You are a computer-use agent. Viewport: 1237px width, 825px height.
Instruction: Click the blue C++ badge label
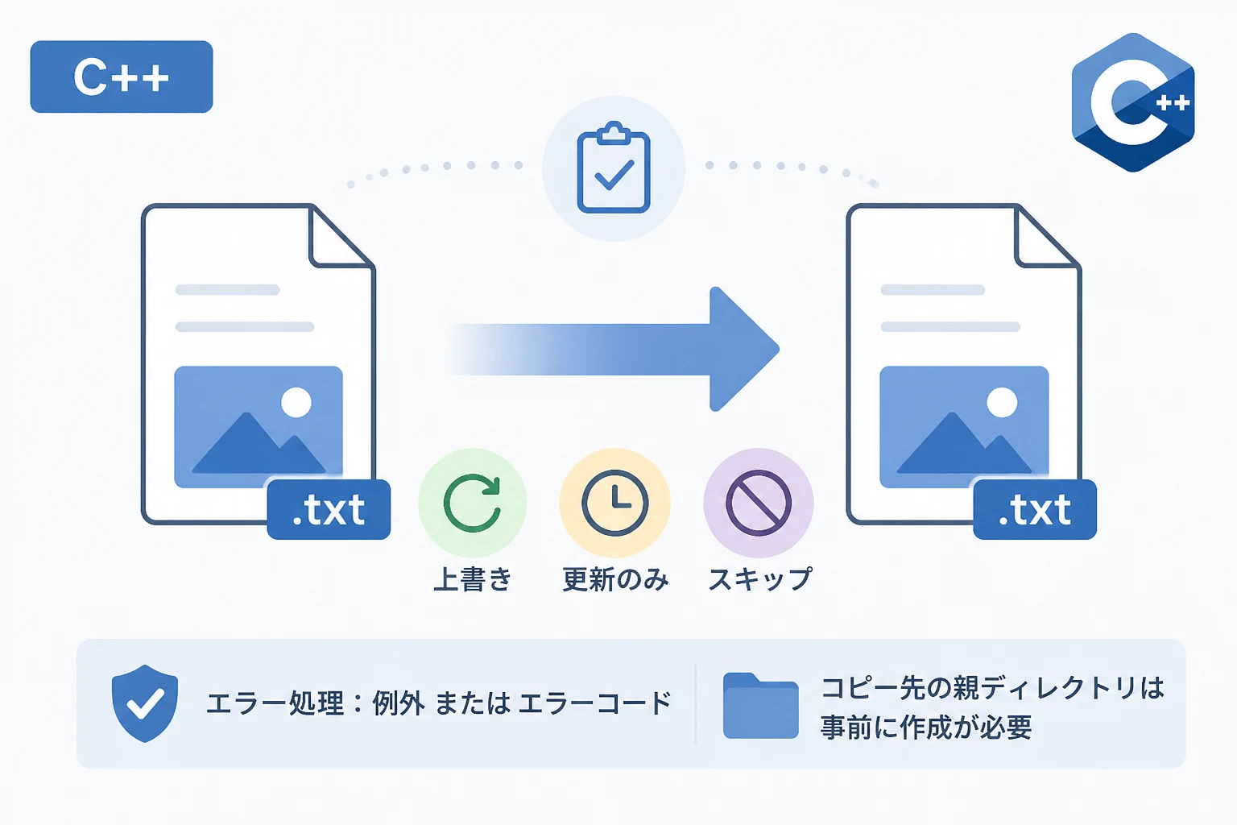(x=122, y=77)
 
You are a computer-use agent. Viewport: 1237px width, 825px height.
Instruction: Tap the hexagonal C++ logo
(x=1133, y=103)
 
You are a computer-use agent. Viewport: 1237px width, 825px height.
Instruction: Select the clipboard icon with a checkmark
(x=614, y=167)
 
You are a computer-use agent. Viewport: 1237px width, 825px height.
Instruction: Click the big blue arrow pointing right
(x=613, y=349)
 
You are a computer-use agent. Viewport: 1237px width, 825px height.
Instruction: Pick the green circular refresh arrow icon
(x=472, y=503)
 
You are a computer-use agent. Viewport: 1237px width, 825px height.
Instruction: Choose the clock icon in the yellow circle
(x=615, y=503)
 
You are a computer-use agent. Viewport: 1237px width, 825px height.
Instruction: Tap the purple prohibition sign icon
(x=758, y=503)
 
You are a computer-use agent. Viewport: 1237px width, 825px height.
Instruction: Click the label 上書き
(x=473, y=579)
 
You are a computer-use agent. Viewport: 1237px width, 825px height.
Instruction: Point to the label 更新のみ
(x=615, y=579)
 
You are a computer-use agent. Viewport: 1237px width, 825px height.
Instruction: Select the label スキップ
(x=760, y=579)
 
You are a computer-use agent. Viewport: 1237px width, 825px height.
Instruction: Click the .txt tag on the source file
(x=329, y=509)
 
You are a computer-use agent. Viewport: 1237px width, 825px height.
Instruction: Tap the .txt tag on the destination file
(x=1035, y=509)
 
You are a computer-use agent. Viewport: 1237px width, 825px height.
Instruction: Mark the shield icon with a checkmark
(x=145, y=703)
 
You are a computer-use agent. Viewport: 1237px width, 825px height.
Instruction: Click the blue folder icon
(x=761, y=706)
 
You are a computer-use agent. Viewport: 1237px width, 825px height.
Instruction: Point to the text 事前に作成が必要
(x=926, y=728)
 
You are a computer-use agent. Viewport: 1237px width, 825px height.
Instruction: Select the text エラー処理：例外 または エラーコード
(x=439, y=703)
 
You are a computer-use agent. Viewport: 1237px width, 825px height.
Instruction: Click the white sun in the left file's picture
(x=296, y=402)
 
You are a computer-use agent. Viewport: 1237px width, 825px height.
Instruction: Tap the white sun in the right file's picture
(x=1002, y=402)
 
